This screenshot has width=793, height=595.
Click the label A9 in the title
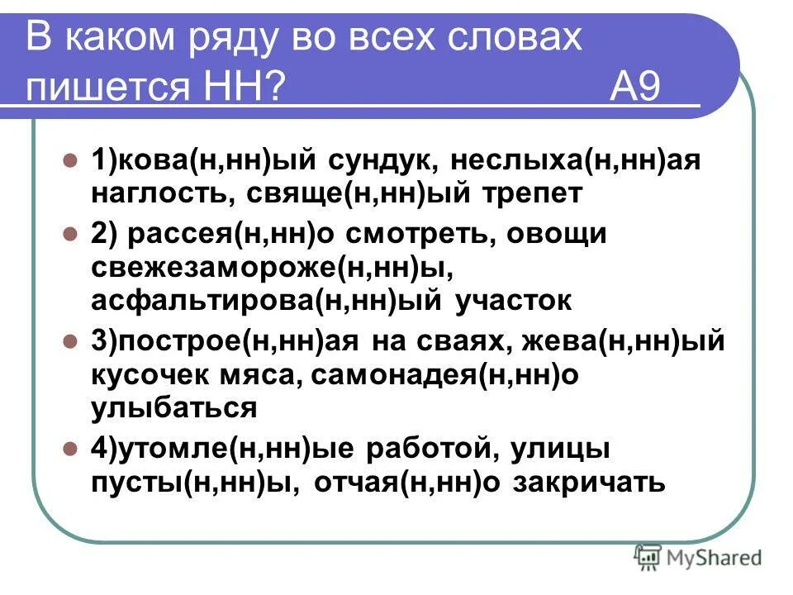(635, 86)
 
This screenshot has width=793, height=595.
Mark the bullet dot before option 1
(70, 159)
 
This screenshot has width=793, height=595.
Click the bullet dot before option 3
(70, 340)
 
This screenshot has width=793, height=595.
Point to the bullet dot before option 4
(70, 449)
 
